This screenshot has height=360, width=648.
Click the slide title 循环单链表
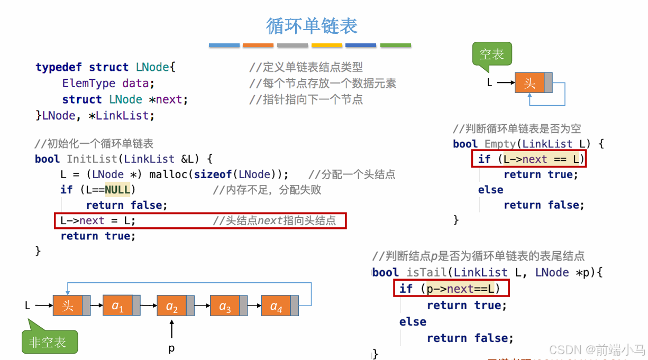[312, 26]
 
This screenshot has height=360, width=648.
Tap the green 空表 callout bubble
[491, 54]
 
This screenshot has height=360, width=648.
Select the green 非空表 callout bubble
[49, 341]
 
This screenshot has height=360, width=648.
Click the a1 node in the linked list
[117, 306]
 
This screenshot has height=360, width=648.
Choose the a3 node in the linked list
[225, 306]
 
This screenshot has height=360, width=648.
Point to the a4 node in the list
[276, 306]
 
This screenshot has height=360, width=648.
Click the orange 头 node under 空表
[530, 82]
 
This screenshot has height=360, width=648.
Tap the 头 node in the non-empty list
[68, 306]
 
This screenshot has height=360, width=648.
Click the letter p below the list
[171, 348]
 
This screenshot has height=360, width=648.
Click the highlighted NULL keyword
[117, 190]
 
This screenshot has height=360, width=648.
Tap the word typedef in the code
[59, 67]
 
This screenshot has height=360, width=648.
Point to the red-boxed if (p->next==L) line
[451, 289]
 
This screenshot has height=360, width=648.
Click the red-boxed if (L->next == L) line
[529, 159]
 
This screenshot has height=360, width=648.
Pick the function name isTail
[427, 272]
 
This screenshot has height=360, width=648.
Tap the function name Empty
[499, 144]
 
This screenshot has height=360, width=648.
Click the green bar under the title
[395, 45]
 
